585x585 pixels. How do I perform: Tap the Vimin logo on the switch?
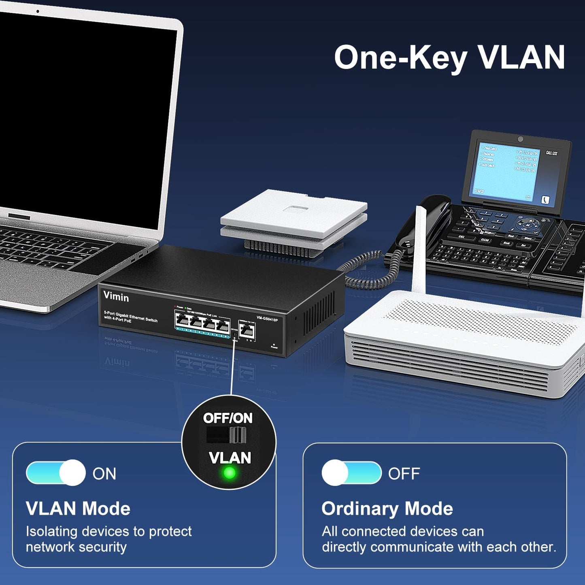pos(116,297)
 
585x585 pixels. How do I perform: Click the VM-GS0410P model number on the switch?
pos(267,319)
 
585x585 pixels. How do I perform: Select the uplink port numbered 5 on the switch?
pos(247,331)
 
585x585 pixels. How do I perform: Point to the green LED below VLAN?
pos(230,472)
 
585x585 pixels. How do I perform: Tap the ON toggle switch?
pos(56,473)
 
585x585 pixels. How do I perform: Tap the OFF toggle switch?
pos(351,473)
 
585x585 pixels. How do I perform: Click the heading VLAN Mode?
pos(78,508)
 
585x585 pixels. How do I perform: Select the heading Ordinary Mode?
pos(387,508)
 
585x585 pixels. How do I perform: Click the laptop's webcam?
pos(38,11)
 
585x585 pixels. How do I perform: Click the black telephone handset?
pos(421,221)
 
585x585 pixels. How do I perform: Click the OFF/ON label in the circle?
pos(228,418)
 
